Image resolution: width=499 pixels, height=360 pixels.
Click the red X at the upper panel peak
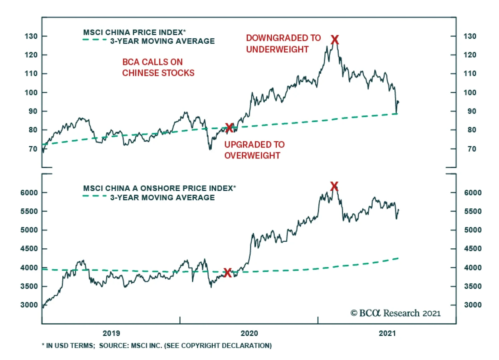coord(334,40)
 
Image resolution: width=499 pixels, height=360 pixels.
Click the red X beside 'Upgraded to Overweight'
coord(229,128)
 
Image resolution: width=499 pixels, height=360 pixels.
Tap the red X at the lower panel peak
coord(334,186)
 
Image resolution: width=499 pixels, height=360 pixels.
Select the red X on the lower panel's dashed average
coord(228,273)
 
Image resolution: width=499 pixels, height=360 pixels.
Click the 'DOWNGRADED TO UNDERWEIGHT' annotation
coord(283,44)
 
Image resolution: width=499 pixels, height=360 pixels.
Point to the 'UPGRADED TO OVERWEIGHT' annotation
coord(254,150)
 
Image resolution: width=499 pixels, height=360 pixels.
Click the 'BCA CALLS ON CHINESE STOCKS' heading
coord(158,67)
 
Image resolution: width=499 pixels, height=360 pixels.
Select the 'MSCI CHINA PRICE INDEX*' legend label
coord(134,32)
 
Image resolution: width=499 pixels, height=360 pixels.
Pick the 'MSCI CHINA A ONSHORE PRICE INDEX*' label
coord(159,188)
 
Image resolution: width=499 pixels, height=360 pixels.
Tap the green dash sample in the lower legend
coord(94,196)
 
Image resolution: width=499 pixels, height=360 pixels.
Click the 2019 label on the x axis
coord(111,333)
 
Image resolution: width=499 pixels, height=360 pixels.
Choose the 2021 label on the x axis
coord(387,333)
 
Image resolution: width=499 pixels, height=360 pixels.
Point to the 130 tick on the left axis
coord(31,36)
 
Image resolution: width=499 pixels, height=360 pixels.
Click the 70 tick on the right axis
coord(472,149)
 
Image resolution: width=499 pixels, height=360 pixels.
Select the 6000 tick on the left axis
coord(29,192)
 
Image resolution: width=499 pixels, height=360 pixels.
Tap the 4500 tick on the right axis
coord(472,249)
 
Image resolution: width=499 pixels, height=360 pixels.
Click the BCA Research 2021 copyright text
coord(395,313)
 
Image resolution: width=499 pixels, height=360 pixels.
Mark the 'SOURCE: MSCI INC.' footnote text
coord(185,346)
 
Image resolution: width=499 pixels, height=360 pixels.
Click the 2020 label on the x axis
coord(249,333)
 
